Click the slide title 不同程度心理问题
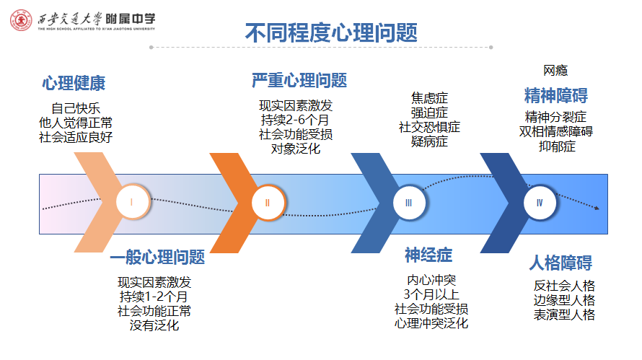pyautogui.click(x=331, y=32)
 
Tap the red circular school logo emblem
pyautogui.click(x=21, y=20)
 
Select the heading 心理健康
pyautogui.click(x=74, y=83)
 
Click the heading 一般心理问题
pyautogui.click(x=157, y=258)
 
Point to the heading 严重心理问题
pyautogui.click(x=299, y=80)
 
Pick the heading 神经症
pyautogui.click(x=428, y=255)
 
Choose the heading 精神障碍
pyautogui.click(x=556, y=95)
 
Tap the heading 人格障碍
pyautogui.click(x=560, y=263)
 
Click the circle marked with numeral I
pyautogui.click(x=132, y=202)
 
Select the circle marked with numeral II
pyautogui.click(x=268, y=203)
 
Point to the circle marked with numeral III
pyautogui.click(x=409, y=203)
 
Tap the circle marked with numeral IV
pyautogui.click(x=540, y=203)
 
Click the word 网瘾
pyautogui.click(x=555, y=71)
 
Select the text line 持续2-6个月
pyautogui.click(x=295, y=120)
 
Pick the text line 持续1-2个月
pyautogui.click(x=154, y=297)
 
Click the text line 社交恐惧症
pyautogui.click(x=429, y=127)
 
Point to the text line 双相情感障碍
pyautogui.click(x=556, y=131)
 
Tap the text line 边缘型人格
pyautogui.click(x=564, y=300)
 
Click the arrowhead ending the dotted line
pyautogui.click(x=597, y=208)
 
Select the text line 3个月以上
pyautogui.click(x=431, y=294)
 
